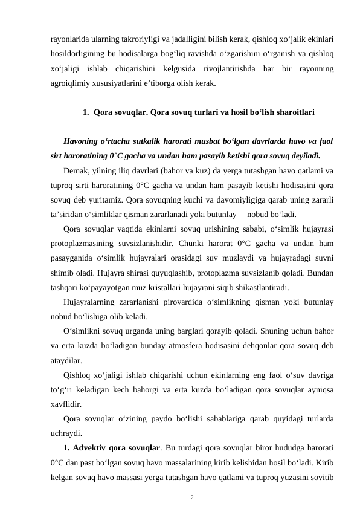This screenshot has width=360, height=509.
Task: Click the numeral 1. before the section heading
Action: pyautogui.click(x=70, y=112)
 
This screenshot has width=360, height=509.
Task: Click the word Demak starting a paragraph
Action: pyautogui.click(x=76, y=171)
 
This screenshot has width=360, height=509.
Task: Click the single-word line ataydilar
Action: pyautogui.click(x=68, y=358)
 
